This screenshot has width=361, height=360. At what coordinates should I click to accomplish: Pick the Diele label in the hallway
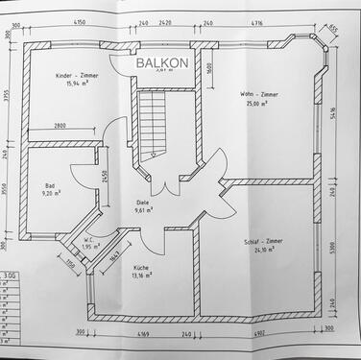(143, 203)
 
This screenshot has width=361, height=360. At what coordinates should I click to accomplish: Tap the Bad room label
(50, 185)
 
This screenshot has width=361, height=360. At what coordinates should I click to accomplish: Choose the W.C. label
(86, 239)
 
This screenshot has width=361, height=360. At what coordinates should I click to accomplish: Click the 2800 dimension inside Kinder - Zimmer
(60, 126)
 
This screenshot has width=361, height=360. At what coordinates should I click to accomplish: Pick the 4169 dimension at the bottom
(142, 333)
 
